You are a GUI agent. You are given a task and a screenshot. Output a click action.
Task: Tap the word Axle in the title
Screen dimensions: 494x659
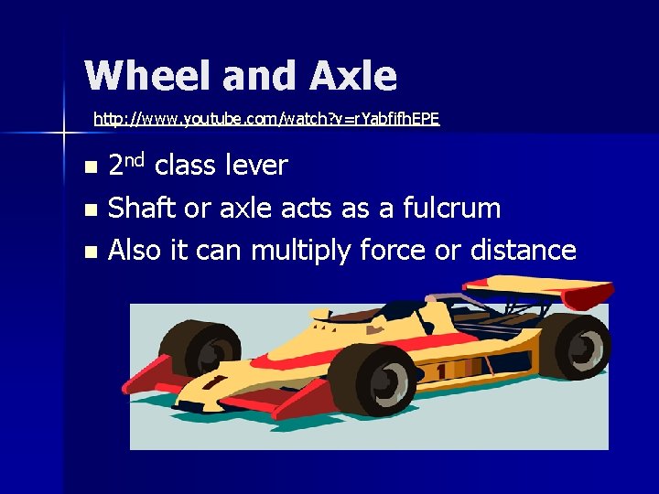pyautogui.click(x=353, y=76)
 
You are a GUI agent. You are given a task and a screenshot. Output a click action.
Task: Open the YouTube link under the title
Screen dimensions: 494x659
pyautogui.click(x=266, y=119)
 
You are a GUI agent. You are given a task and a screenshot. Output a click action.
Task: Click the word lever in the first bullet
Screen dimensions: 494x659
pyautogui.click(x=252, y=166)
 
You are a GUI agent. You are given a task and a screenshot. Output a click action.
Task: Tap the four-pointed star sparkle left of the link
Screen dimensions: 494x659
pyautogui.click(x=63, y=134)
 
